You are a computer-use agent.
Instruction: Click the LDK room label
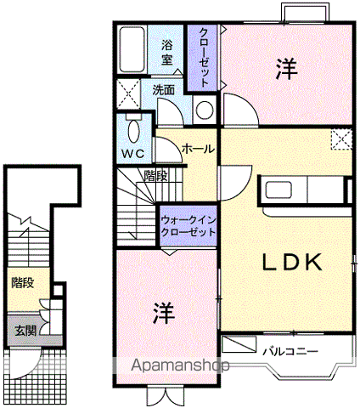292,262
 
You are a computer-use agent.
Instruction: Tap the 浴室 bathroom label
167,53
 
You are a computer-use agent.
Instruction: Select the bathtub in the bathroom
132,49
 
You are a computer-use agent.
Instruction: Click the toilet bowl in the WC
133,132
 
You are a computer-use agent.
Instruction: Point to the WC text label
133,154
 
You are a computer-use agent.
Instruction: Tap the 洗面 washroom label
163,90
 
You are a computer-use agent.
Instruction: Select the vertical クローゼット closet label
204,57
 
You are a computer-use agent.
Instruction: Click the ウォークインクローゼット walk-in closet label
188,226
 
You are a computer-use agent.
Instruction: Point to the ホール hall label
198,149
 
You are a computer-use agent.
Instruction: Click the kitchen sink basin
278,190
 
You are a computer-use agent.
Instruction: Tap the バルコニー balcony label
290,352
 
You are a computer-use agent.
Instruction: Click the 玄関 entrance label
25,331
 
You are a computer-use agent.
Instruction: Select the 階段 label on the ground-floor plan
23,282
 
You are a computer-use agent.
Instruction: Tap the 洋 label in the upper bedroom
287,69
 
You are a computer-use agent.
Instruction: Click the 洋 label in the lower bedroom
163,313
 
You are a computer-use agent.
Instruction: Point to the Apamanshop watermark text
180,365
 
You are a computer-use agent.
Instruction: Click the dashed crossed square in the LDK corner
342,139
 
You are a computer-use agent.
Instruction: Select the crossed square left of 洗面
128,93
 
